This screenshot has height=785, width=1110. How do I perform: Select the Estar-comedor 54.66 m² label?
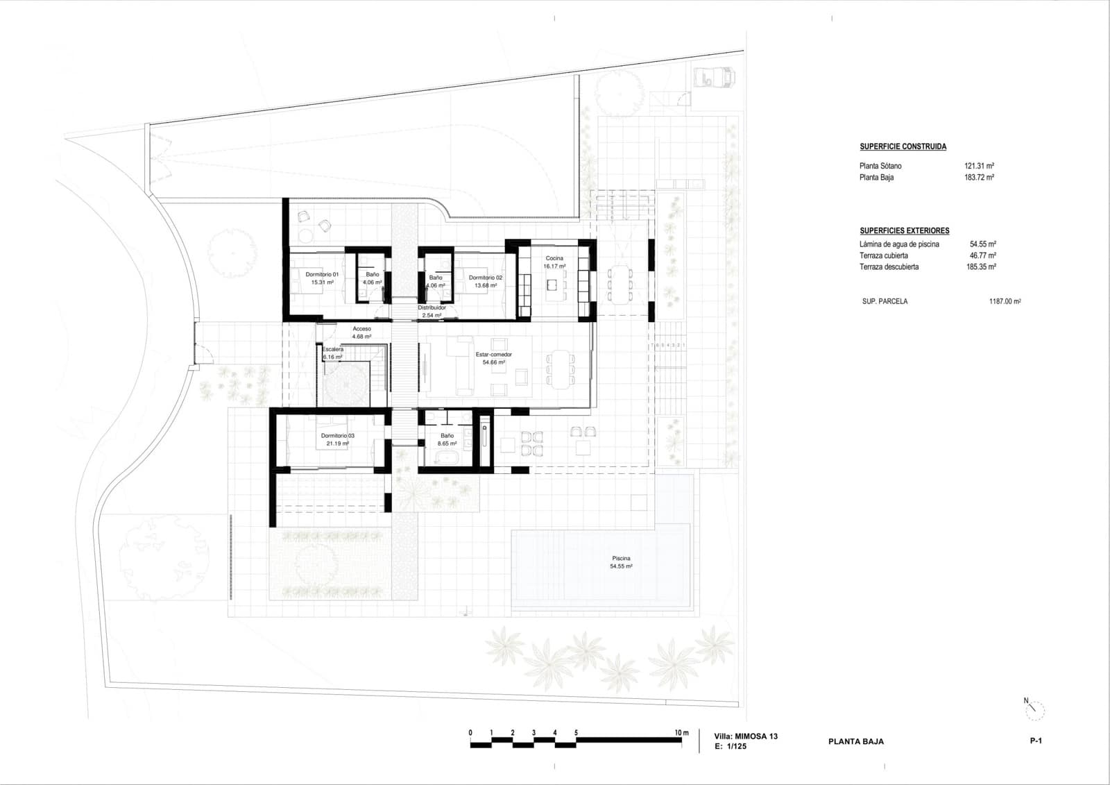tap(493, 358)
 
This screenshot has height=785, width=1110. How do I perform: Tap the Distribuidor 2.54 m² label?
tap(432, 311)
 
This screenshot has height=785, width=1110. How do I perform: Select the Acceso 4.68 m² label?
tap(361, 332)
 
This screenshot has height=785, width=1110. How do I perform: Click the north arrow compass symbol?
tap(1035, 709)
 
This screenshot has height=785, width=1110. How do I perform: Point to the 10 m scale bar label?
tap(681, 733)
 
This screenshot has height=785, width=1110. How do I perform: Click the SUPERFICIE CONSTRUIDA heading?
tap(903, 146)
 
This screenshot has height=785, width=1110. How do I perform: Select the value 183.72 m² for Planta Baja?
tap(979, 178)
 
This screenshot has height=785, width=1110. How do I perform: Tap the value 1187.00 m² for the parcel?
tap(1005, 302)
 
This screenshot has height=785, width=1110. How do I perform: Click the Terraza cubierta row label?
tap(883, 255)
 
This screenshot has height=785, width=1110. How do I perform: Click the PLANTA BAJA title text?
tap(855, 741)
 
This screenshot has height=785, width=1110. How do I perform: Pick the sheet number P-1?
tap(1036, 741)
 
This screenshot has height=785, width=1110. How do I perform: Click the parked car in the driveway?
tap(714, 76)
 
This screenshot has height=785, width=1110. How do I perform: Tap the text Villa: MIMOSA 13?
tap(746, 736)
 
